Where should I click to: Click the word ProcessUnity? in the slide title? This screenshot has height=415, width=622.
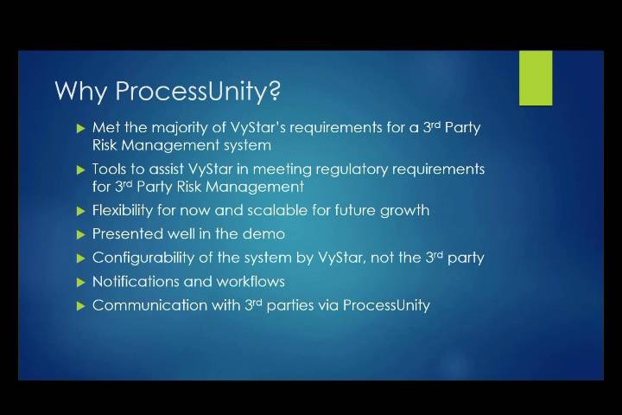pyautogui.click(x=198, y=91)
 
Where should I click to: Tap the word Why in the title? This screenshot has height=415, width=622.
pyautogui.click(x=81, y=92)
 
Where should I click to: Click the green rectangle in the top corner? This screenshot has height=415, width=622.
pyautogui.click(x=536, y=78)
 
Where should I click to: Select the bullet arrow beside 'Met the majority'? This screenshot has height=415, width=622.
pyautogui.click(x=81, y=128)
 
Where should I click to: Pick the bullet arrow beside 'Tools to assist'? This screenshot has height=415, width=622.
pyautogui.click(x=81, y=170)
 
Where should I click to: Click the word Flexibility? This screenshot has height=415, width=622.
pyautogui.click(x=122, y=210)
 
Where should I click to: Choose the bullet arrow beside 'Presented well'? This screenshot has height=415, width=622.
pyautogui.click(x=81, y=234)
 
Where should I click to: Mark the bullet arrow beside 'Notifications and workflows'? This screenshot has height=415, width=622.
pyautogui.click(x=81, y=283)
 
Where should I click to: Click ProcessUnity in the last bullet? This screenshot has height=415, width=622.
pyautogui.click(x=386, y=306)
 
